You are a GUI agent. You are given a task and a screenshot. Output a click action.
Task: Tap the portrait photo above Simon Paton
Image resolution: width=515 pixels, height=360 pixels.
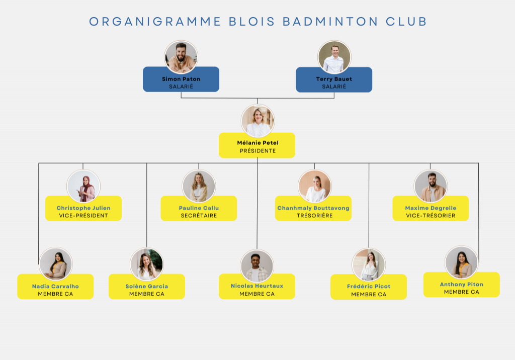[x=181, y=57]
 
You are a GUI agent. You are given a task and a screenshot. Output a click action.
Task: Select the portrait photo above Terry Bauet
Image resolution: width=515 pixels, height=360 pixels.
[x=334, y=57]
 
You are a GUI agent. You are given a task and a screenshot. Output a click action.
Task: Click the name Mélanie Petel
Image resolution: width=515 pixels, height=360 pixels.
[x=257, y=143]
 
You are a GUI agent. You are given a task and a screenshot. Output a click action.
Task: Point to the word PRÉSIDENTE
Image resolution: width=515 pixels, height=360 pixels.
[x=257, y=151]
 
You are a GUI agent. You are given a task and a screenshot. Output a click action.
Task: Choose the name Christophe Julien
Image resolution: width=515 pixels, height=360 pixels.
[x=83, y=208]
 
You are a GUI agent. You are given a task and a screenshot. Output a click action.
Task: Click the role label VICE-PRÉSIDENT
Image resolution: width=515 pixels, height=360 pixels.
[x=83, y=216]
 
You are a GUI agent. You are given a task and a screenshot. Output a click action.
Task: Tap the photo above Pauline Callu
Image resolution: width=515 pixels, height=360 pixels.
[x=199, y=186]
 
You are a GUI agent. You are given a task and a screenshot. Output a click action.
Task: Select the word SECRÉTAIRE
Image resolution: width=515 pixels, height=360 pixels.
[x=199, y=216]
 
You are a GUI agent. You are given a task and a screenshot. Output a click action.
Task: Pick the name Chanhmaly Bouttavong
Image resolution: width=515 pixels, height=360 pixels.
[x=313, y=208]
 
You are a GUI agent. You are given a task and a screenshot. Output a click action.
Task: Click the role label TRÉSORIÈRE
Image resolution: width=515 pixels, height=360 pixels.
[x=313, y=216]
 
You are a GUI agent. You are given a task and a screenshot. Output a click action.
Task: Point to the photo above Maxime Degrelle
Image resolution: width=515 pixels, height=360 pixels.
[x=431, y=186]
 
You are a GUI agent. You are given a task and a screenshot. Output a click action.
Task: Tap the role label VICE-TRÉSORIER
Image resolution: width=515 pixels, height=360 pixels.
[x=431, y=216]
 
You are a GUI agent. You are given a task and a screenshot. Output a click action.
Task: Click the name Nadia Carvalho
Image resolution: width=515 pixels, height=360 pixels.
[x=55, y=286]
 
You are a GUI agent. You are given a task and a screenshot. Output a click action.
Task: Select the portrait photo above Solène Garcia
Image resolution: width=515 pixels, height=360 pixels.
[x=147, y=264]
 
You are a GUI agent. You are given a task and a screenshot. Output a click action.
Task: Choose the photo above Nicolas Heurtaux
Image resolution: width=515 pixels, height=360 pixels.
[x=257, y=266]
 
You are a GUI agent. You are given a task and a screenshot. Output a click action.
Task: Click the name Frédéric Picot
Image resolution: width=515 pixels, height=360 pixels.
[x=369, y=286]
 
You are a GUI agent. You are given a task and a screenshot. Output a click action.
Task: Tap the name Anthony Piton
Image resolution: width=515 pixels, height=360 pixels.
[x=462, y=284]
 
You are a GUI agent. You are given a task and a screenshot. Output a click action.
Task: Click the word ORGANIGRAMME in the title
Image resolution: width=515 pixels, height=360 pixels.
[x=155, y=22]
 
